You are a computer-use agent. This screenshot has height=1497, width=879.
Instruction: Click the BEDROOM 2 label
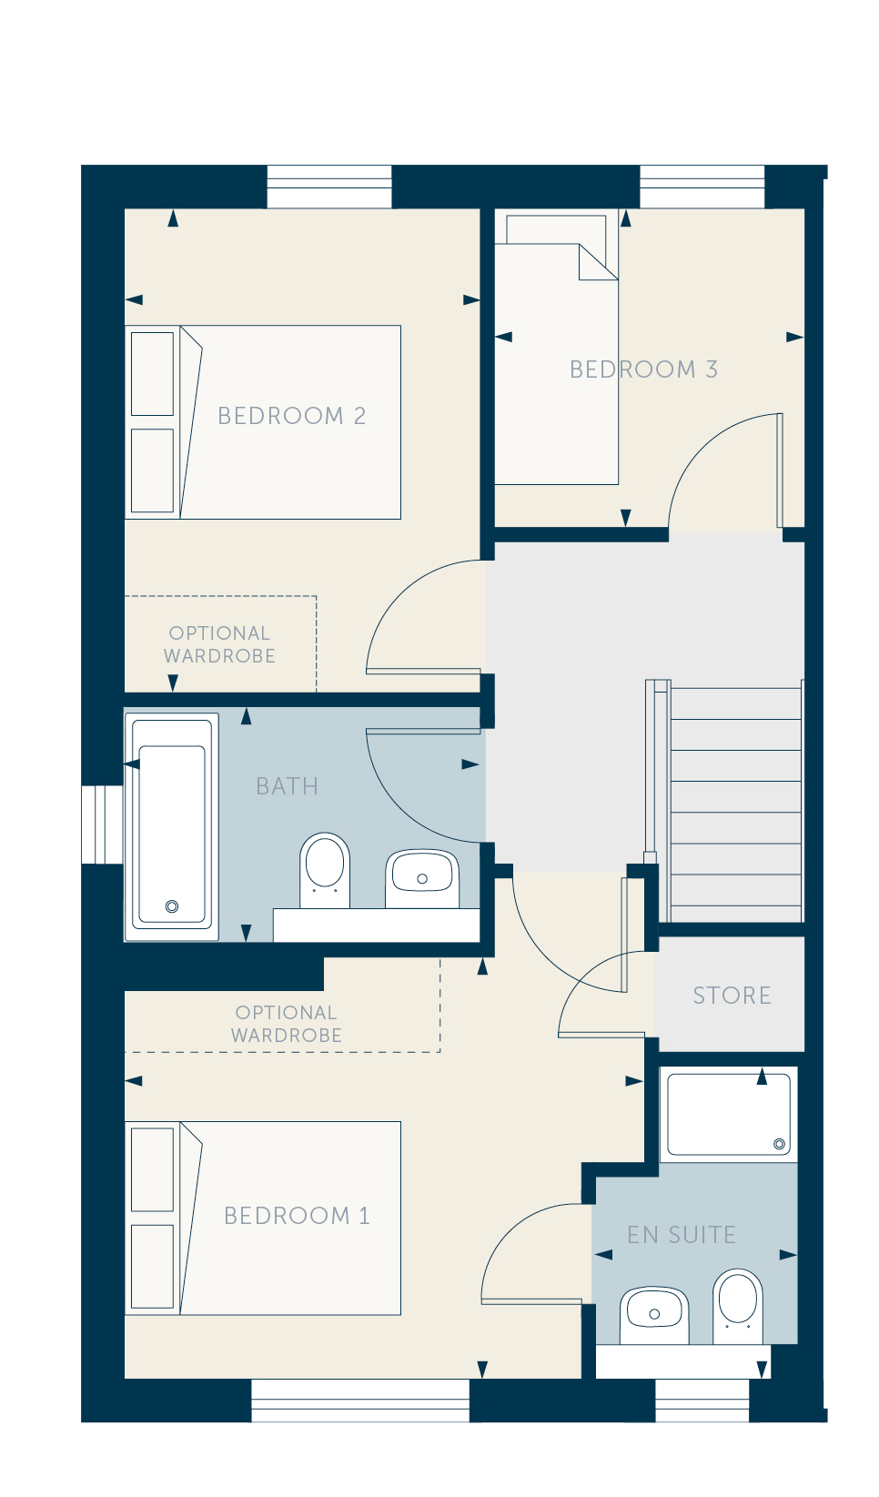point(291,416)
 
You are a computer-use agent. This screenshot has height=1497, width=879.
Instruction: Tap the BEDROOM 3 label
point(643,369)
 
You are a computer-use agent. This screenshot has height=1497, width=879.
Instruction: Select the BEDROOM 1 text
point(297,1216)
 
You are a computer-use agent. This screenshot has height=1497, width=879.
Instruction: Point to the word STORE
point(732,996)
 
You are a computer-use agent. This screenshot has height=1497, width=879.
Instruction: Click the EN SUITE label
point(682,1235)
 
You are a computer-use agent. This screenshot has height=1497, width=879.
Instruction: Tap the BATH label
point(287,786)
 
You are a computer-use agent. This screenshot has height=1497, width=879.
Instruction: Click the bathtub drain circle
point(172,906)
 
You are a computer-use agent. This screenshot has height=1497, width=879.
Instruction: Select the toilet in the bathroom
point(325,871)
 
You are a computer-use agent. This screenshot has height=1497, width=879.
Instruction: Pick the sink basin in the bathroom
point(422,879)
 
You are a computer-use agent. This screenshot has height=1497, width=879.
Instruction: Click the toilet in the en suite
point(737,1307)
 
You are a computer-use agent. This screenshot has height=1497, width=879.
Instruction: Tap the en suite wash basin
point(654,1315)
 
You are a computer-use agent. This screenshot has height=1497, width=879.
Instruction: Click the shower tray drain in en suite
point(779,1144)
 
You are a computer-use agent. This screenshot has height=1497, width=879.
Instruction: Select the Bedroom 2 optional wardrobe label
point(219,644)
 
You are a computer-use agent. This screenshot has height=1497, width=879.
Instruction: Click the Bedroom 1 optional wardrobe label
point(286,1024)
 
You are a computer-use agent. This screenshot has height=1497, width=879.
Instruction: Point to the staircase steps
point(734,802)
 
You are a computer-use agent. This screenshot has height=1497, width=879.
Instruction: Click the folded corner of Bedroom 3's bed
point(597,263)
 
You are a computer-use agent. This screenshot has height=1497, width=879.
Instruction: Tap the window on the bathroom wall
point(102,824)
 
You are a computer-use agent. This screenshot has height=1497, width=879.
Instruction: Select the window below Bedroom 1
point(360,1401)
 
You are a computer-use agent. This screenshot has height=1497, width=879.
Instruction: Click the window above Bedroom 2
point(328,187)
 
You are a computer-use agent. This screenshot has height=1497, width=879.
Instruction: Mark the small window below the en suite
point(702,1401)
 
